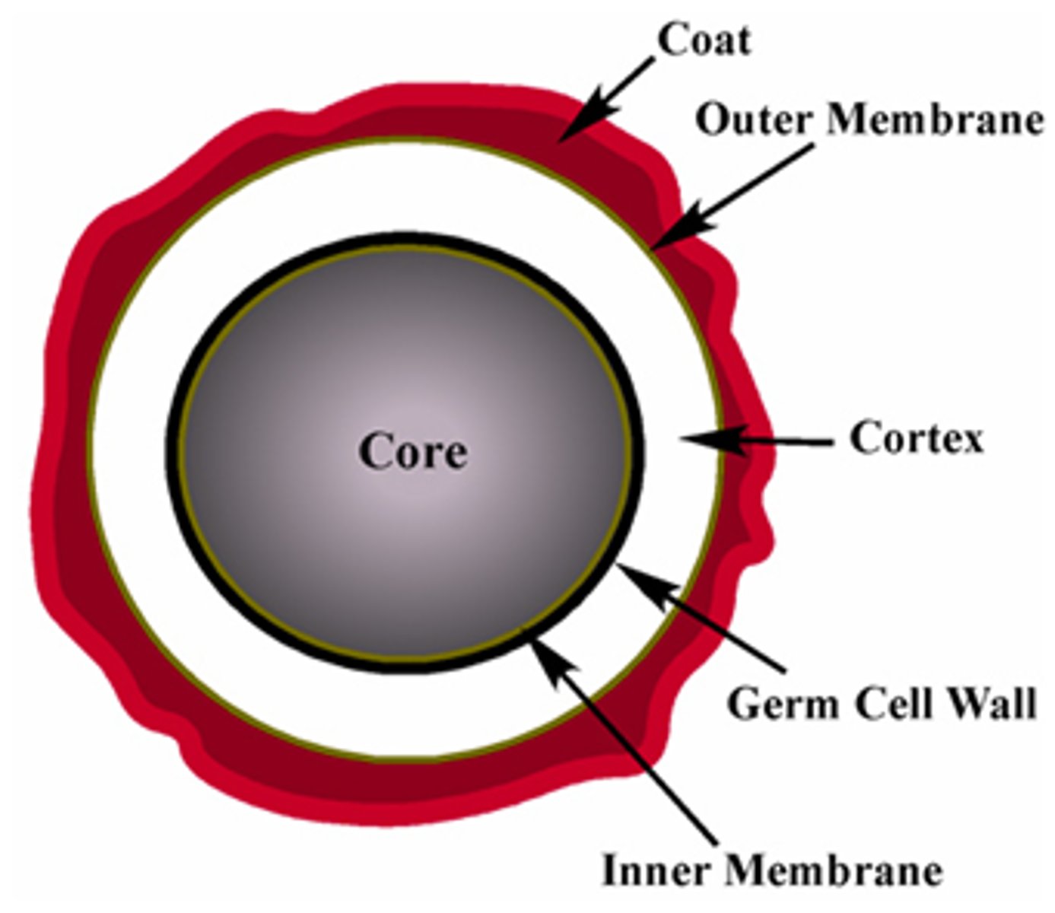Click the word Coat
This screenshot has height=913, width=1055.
[704, 40]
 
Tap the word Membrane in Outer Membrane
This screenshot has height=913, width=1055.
[935, 119]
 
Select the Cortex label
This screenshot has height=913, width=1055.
[916, 438]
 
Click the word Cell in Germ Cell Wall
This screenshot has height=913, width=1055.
[892, 703]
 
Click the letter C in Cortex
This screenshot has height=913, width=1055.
[865, 438]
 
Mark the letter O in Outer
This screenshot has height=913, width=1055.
[713, 120]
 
